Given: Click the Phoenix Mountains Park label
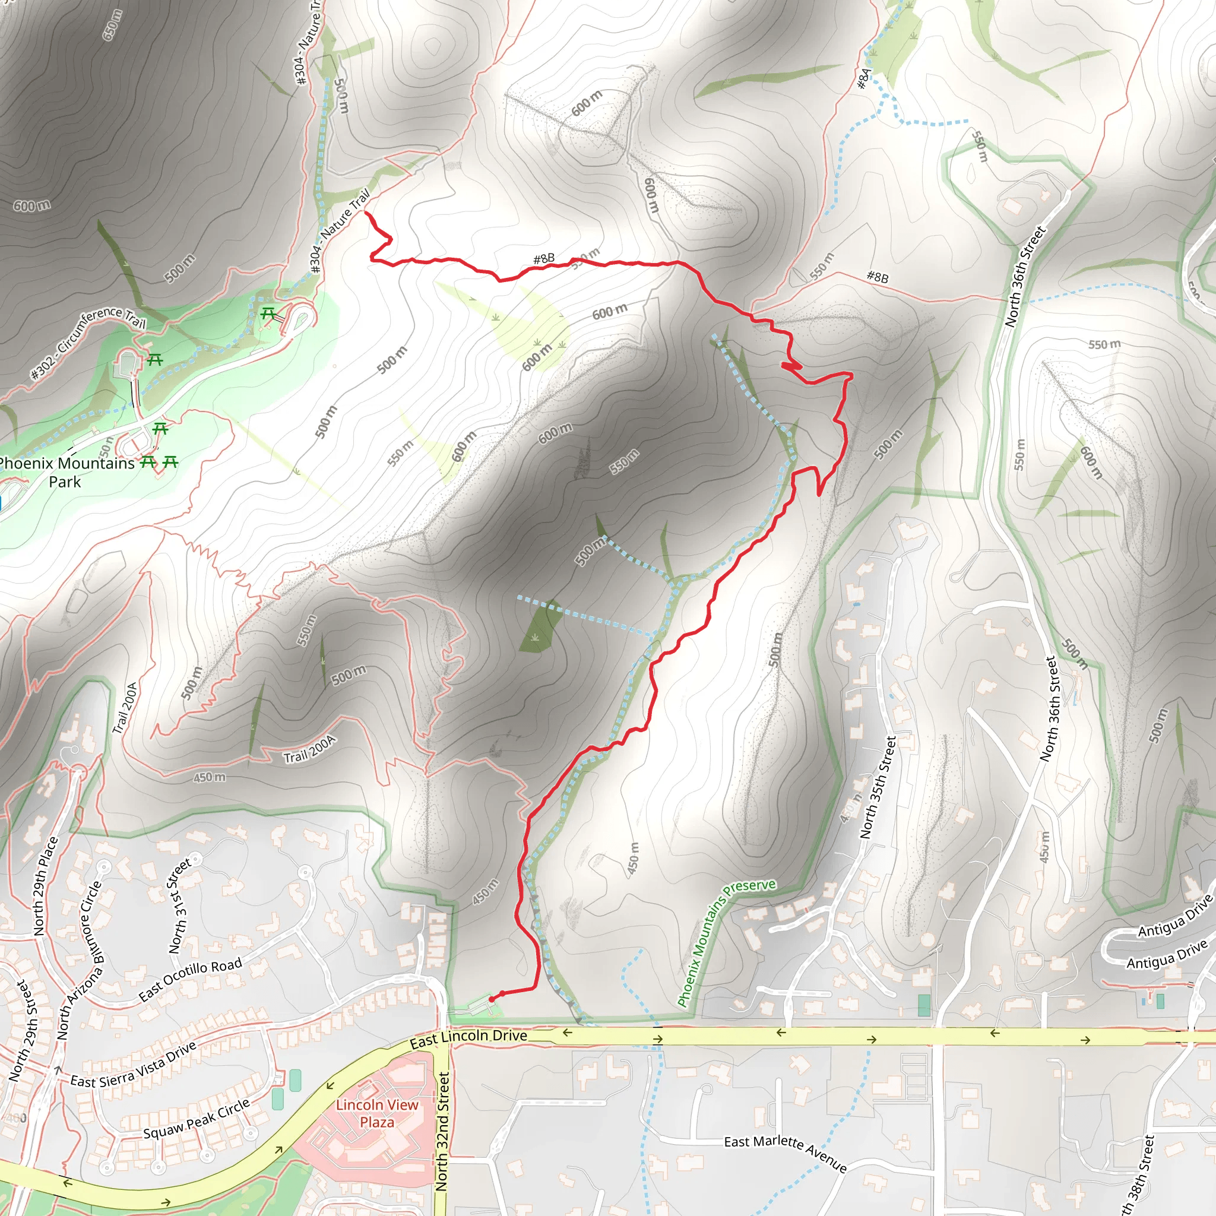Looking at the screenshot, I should [x=66, y=472].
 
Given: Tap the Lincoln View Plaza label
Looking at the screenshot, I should [x=377, y=1113].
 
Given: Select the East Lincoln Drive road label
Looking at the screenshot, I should [x=468, y=1038].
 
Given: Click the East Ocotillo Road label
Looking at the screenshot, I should [x=190, y=979].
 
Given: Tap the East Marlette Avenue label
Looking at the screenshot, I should [x=785, y=1153].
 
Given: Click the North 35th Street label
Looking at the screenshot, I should [x=878, y=787].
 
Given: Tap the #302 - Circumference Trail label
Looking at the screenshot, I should [x=88, y=343].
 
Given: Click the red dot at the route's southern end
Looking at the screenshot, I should [x=492, y=999].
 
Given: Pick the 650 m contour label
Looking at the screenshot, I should [x=112, y=25].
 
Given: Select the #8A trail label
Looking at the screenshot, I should [x=864, y=79].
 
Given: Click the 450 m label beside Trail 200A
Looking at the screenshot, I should [x=209, y=778].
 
